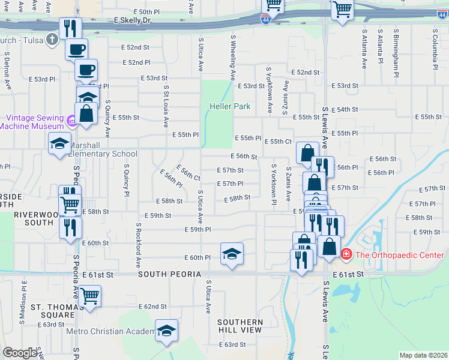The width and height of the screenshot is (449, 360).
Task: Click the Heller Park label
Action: point(230,106)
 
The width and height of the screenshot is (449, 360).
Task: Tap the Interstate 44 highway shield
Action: point(266,20)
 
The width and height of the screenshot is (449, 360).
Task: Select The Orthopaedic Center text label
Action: point(400,255)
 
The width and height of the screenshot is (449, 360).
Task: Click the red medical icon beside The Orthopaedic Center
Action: point(346,255)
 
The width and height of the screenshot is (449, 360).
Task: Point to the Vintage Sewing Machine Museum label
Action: point(32,122)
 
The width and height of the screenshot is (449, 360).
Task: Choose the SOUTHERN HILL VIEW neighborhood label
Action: point(240,326)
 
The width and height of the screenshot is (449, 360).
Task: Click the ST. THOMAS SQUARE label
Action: point(53,311)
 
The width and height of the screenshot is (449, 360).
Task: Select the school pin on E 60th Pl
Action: point(232,254)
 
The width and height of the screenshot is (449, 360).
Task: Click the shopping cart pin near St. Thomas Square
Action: point(89,296)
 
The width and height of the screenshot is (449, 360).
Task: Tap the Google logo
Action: point(20,353)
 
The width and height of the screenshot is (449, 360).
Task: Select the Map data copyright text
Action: point(423,355)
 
